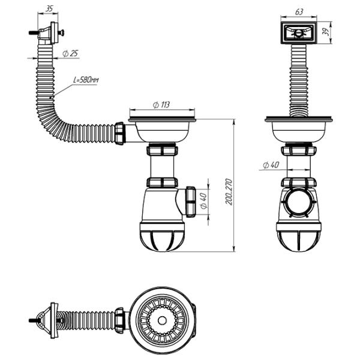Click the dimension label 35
click(x=49, y=9)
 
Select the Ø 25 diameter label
click(x=70, y=54)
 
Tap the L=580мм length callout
click(x=86, y=80)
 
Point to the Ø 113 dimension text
click(x=161, y=104)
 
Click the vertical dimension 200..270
click(x=229, y=192)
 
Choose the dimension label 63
click(x=299, y=12)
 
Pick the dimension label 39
click(x=326, y=32)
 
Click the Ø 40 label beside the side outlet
click(x=203, y=200)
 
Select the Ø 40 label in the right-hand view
click(x=271, y=165)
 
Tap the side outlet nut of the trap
click(x=191, y=202)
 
